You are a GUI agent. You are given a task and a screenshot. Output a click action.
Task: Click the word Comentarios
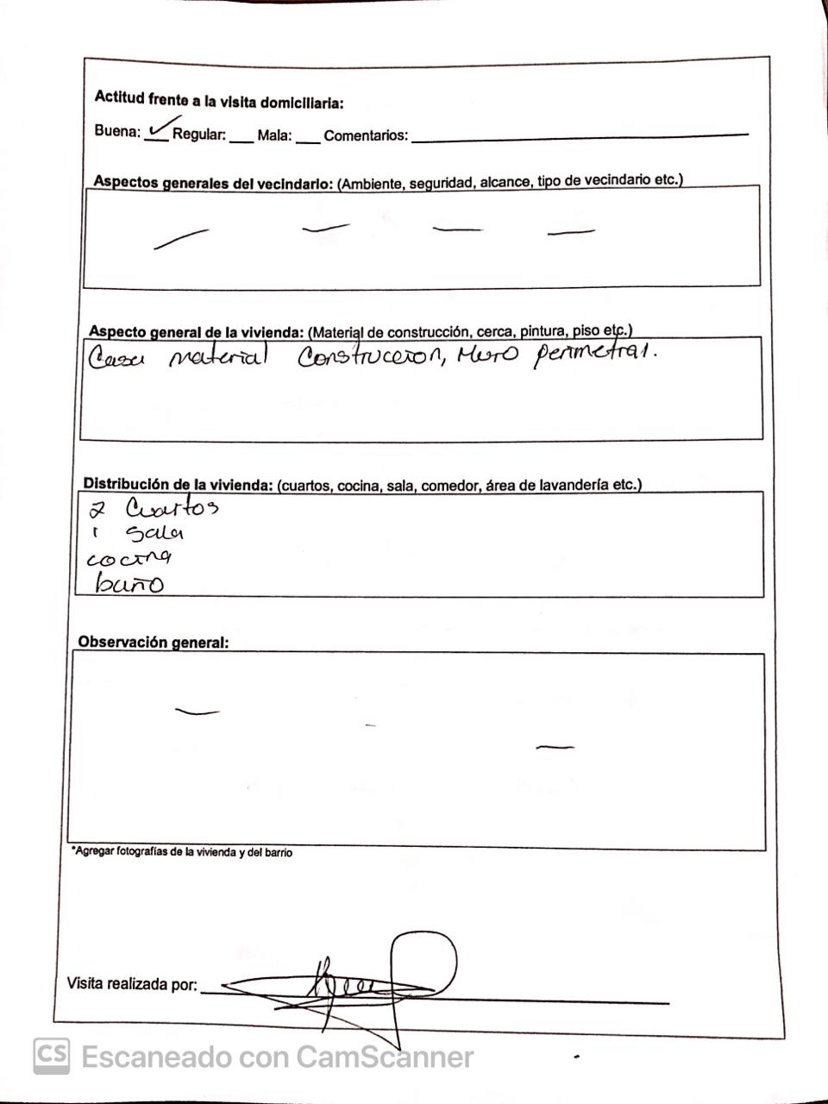coord(366,135)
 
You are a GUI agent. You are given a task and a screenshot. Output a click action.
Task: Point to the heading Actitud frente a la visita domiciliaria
coord(219,101)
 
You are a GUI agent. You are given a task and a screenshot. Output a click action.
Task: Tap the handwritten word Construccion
coord(371,358)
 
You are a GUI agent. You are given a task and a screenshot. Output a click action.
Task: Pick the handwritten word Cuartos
coord(172,506)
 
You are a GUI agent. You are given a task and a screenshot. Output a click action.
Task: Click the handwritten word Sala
coord(155,533)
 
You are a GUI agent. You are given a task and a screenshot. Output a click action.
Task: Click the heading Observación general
coord(154,643)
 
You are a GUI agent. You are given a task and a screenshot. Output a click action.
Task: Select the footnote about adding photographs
coord(182,852)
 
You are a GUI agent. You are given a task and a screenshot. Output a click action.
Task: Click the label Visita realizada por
coord(132,984)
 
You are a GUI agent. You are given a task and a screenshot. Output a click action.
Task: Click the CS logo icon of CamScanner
coord(52,1056)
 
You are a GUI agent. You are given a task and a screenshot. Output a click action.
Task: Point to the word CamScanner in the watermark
coord(385,1057)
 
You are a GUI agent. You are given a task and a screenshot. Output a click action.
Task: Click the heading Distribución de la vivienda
coord(178,485)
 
